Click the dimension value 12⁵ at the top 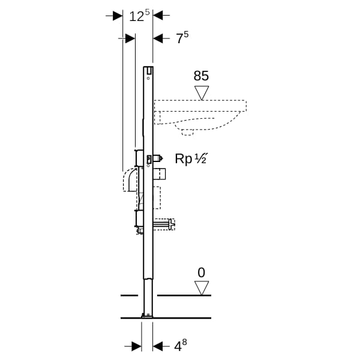[139, 16]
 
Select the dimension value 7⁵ [182, 38]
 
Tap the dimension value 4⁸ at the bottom [181, 346]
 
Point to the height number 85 [201, 76]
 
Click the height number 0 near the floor [201, 273]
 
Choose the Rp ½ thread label [191, 158]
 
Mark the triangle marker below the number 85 [202, 93]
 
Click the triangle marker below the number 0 [202, 288]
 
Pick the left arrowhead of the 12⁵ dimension [118, 16]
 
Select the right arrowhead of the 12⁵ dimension [158, 16]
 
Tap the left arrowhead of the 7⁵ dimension [130, 38]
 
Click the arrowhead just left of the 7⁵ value [158, 38]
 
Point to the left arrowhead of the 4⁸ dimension [137, 346]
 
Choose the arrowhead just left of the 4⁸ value [158, 346]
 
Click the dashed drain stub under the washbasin [188, 132]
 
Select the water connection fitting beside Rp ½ [158, 158]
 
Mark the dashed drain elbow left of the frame [130, 180]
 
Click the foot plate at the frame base [147, 316]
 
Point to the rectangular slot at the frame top [149, 71]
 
